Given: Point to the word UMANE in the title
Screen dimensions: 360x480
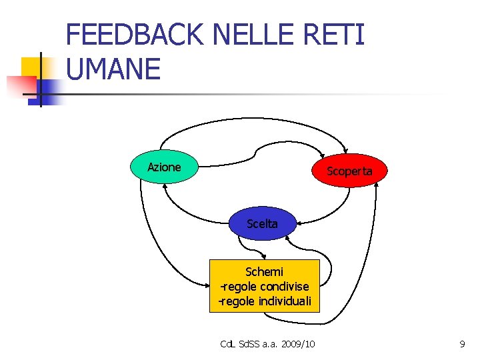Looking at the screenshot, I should [x=114, y=69].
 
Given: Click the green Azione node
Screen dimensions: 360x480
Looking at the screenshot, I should [x=164, y=167].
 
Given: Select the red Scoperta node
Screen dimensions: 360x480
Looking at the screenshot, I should [x=349, y=171].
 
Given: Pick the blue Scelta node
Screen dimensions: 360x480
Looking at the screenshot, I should [x=262, y=224].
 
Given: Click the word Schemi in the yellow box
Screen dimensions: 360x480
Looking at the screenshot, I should [x=265, y=272].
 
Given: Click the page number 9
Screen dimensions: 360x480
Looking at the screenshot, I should [x=462, y=344].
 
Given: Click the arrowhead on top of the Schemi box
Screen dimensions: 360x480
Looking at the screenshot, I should [x=264, y=257].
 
